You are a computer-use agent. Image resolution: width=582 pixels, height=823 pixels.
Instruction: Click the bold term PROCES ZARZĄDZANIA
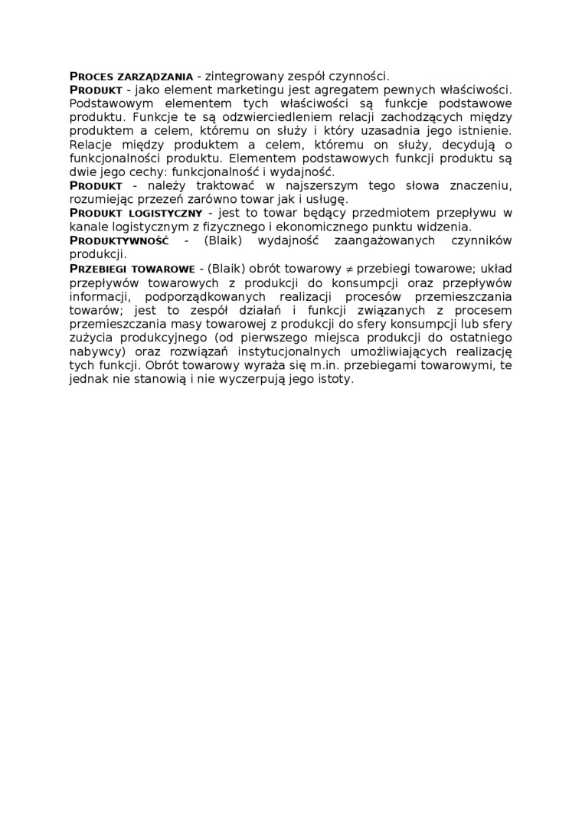(x=131, y=77)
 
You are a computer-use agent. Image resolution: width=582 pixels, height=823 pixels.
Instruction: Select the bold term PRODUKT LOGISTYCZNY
(x=136, y=213)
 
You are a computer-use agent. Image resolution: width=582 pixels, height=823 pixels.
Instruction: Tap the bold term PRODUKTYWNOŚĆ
(x=119, y=241)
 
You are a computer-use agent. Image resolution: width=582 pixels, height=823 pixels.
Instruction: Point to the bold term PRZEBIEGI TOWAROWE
(x=132, y=269)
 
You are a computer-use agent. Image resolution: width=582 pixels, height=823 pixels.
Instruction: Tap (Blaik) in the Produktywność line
(x=227, y=241)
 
